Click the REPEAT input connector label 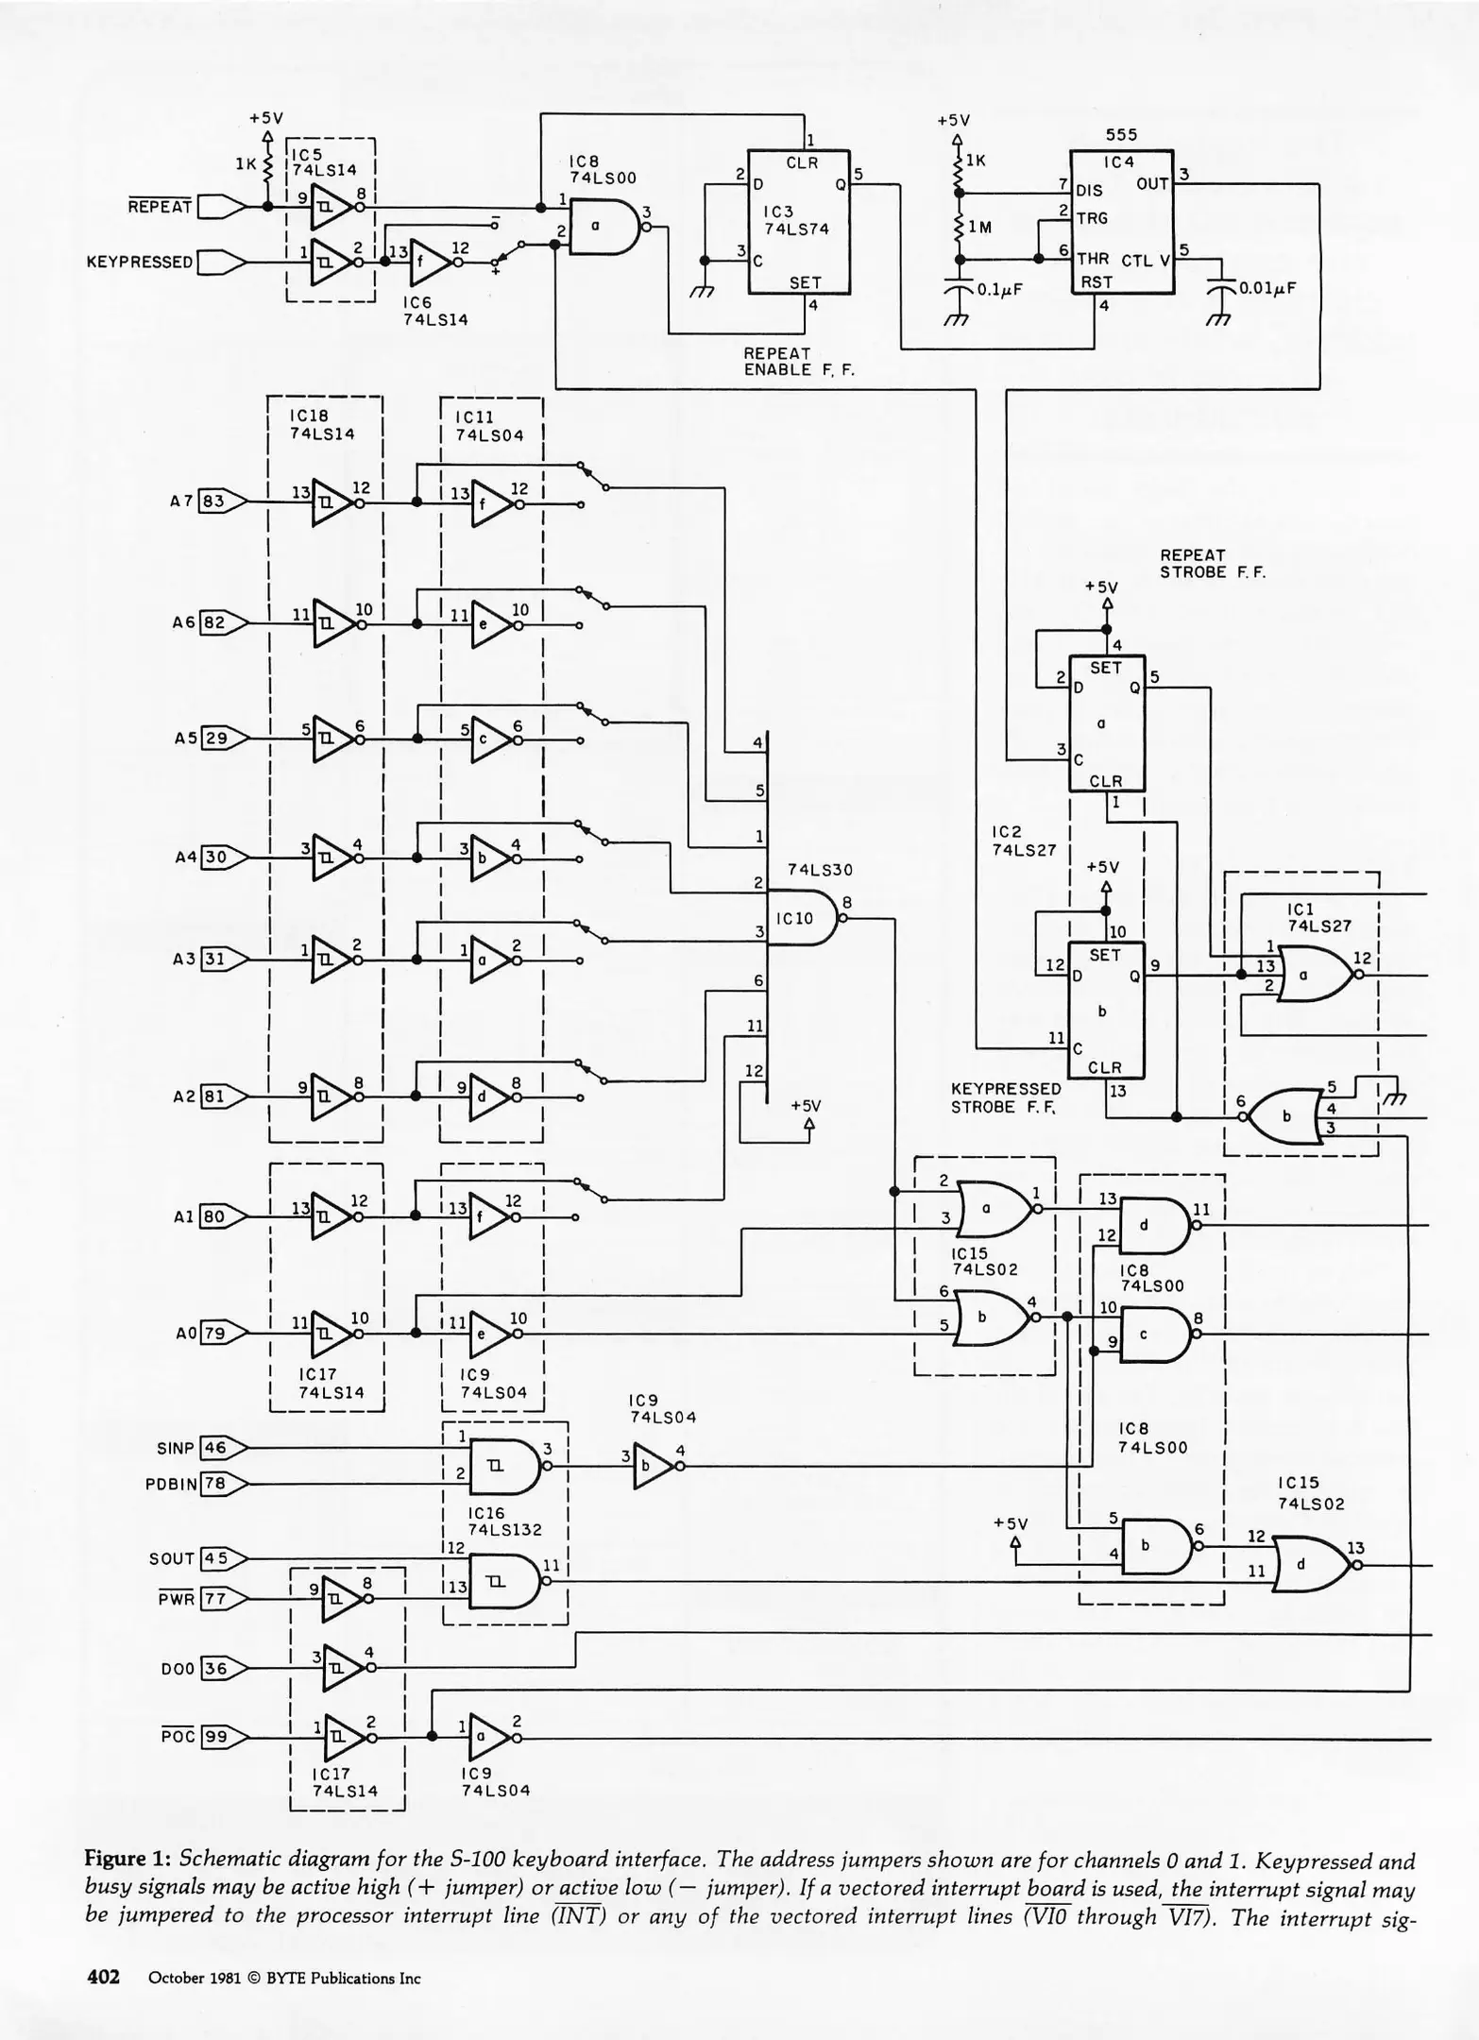[x=161, y=206]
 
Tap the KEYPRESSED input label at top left [x=139, y=262]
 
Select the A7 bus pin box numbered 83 [x=213, y=501]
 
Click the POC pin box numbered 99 [x=214, y=1736]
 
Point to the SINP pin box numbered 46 [x=215, y=1448]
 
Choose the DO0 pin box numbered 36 [x=215, y=1668]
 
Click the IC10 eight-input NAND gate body [x=799, y=917]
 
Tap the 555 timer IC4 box [x=1121, y=222]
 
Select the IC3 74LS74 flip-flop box [x=798, y=222]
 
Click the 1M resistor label [x=980, y=227]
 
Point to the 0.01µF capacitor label [x=1266, y=287]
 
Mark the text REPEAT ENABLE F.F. [x=798, y=361]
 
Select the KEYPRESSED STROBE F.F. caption [x=1005, y=1097]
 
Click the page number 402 [x=103, y=1977]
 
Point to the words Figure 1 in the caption [x=127, y=1861]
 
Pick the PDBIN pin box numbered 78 [x=215, y=1484]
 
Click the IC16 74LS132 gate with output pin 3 [x=501, y=1466]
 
